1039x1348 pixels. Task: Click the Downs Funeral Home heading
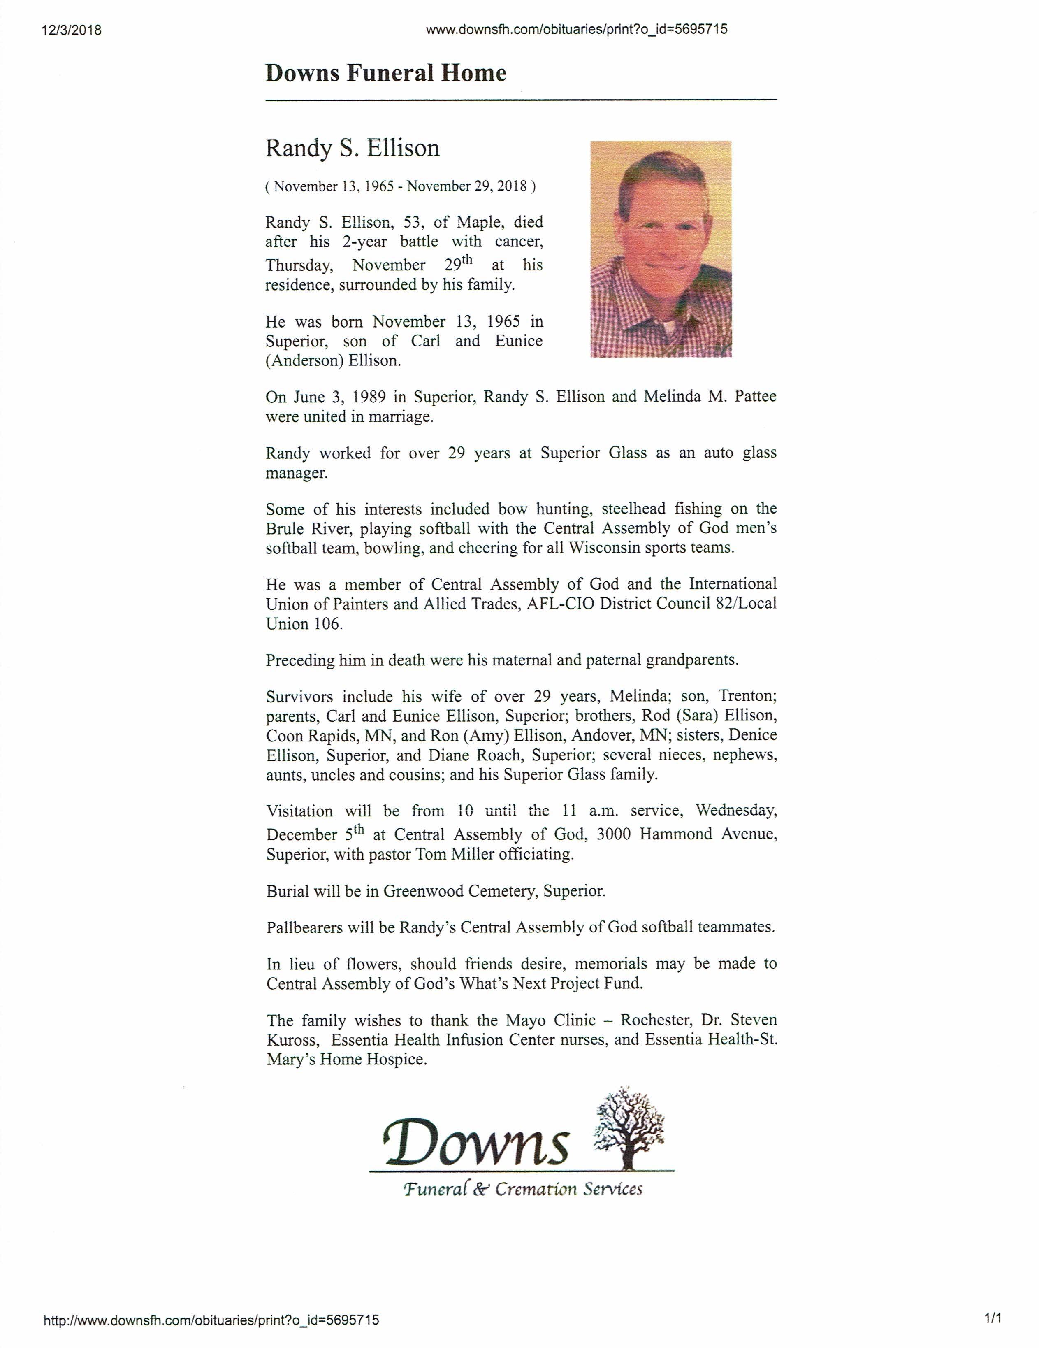(386, 73)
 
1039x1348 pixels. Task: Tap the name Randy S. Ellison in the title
(352, 148)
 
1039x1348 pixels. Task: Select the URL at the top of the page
(576, 29)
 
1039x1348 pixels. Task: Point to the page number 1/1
(993, 1320)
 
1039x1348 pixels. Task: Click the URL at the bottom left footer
(211, 1321)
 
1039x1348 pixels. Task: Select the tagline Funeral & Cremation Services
(522, 1189)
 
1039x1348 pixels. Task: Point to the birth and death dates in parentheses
(401, 186)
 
